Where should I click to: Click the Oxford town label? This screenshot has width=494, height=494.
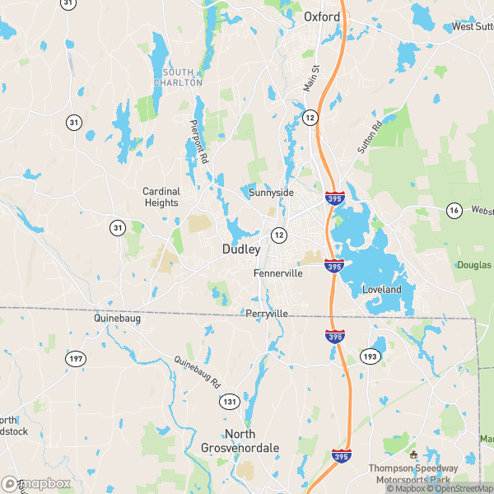(322, 16)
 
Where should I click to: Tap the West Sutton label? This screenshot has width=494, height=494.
(472, 26)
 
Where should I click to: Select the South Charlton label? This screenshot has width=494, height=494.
(183, 77)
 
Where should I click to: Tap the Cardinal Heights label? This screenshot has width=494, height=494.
(161, 197)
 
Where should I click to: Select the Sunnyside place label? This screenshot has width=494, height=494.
(271, 193)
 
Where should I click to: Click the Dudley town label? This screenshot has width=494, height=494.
(241, 249)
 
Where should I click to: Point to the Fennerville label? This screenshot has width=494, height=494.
(277, 273)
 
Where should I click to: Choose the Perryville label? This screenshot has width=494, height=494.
(267, 314)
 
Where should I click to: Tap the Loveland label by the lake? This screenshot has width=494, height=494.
(382, 290)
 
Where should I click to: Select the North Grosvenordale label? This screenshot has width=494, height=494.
(240, 440)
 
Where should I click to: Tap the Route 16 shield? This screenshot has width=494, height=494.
(454, 211)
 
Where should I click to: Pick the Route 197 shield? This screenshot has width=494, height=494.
(76, 358)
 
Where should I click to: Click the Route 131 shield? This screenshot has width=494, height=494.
(229, 400)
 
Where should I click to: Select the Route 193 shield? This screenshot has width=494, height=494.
(369, 357)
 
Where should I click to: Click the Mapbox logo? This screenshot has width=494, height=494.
(36, 484)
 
